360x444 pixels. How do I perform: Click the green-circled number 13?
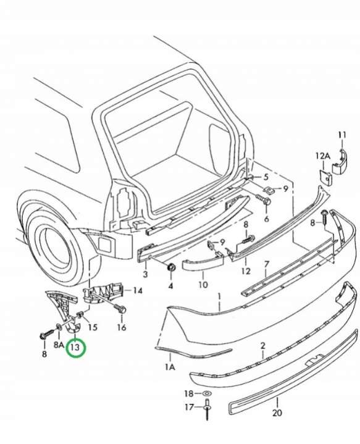(75, 347)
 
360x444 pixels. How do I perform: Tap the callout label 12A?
(323, 156)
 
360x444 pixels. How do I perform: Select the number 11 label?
(343, 135)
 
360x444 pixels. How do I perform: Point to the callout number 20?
(277, 413)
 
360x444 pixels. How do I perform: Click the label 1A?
(170, 367)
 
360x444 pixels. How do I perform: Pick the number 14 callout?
(138, 290)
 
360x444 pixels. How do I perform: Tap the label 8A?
(59, 345)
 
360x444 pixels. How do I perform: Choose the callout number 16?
(122, 327)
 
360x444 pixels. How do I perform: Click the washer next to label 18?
(207, 393)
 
